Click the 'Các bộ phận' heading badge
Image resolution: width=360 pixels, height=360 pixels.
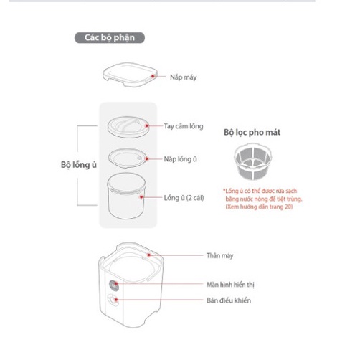point(108,38)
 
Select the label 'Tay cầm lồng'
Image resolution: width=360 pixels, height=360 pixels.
point(184,126)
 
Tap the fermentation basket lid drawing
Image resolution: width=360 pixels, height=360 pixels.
point(127,158)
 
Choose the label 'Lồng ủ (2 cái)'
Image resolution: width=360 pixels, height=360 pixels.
point(184,198)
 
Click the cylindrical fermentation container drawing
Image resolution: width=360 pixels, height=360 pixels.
point(127,198)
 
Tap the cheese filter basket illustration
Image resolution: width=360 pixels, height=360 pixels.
point(254,164)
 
